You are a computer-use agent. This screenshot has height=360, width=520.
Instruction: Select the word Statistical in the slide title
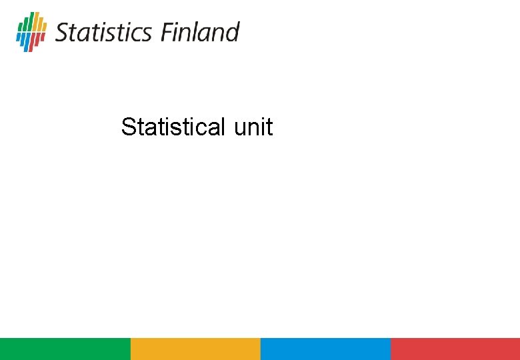[174, 127]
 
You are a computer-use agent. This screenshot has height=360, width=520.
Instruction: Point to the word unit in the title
[253, 127]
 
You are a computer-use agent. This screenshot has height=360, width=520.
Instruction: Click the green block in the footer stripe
[65, 349]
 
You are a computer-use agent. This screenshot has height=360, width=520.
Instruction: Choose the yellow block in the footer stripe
[195, 349]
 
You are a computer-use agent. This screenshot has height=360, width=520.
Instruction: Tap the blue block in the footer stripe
[325, 349]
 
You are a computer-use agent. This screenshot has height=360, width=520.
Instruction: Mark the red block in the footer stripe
[455, 349]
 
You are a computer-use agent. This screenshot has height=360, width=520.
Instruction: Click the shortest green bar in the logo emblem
[21, 27]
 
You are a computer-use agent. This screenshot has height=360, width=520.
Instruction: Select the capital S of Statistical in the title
[127, 127]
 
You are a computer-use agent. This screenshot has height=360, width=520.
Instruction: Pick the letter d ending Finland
[233, 32]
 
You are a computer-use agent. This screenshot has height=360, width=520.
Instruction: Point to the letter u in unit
[240, 127]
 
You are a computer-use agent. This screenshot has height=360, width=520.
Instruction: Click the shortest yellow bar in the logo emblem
[45, 27]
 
